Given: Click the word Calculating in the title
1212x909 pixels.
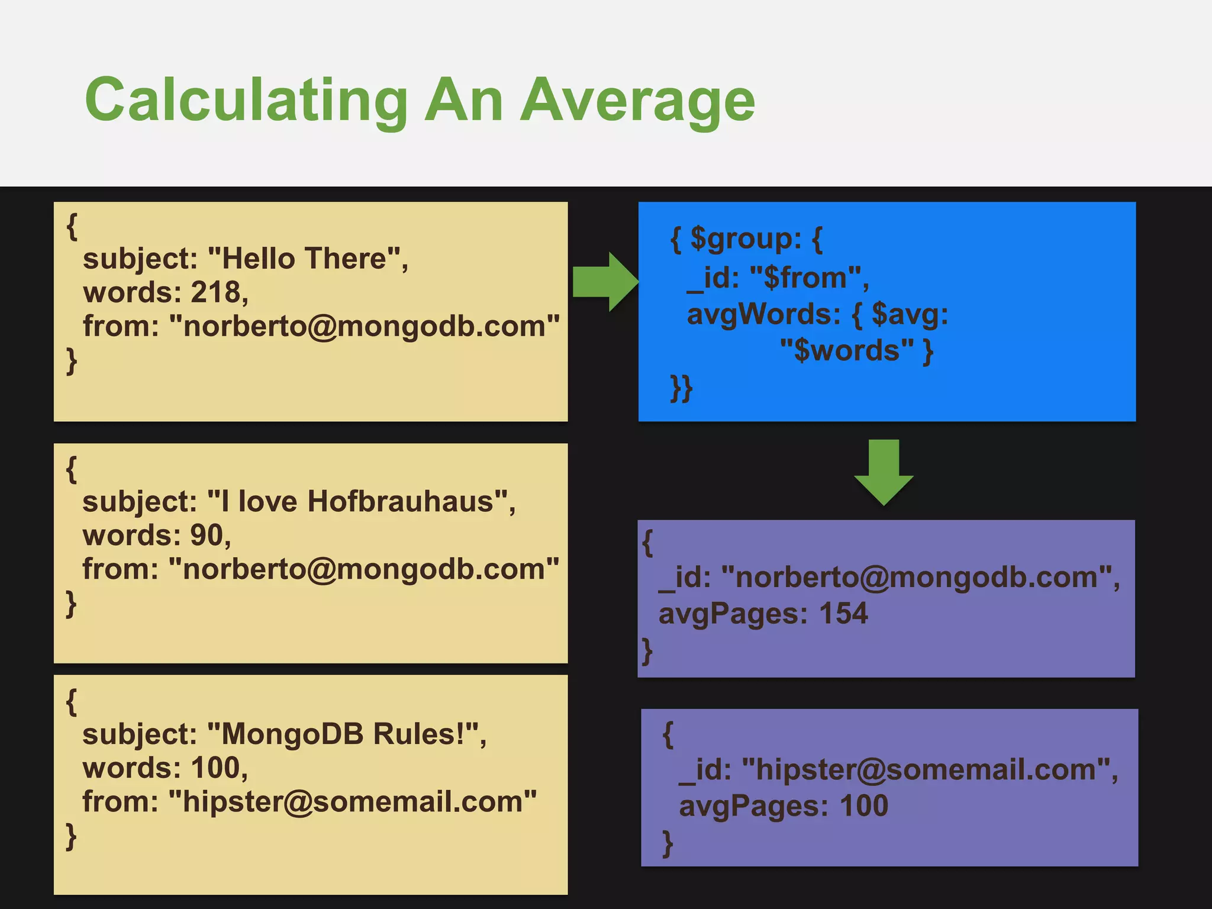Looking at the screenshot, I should tap(246, 101).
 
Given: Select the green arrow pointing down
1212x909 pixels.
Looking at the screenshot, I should tap(884, 472).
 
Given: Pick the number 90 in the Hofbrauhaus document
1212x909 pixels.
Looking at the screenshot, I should tap(207, 535).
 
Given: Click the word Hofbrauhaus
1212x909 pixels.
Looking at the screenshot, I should tap(400, 501).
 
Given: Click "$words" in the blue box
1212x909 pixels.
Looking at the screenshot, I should tap(847, 350).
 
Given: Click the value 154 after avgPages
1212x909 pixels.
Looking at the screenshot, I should tap(843, 613).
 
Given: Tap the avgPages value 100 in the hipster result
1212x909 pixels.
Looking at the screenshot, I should tap(864, 805).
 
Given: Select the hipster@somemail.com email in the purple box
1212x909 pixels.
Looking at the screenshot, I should tap(926, 769).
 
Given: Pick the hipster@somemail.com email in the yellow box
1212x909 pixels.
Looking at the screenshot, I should tap(353, 801).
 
